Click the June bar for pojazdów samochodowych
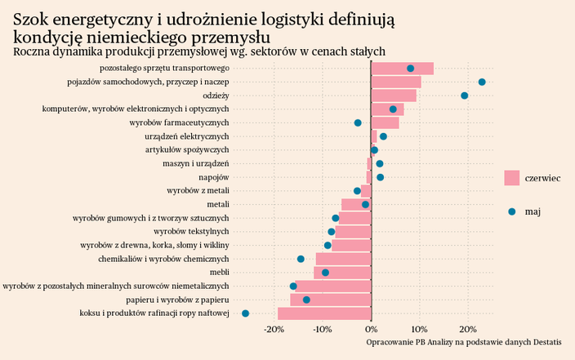pyautogui.click(x=396, y=82)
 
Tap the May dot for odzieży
pyautogui.click(x=465, y=96)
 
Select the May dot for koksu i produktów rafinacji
pyautogui.click(x=245, y=313)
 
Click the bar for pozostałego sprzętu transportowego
pyautogui.click(x=402, y=69)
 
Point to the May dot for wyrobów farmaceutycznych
pyautogui.click(x=358, y=122)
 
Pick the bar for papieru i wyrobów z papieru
pyautogui.click(x=331, y=300)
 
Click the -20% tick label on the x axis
pyautogui.click(x=274, y=330)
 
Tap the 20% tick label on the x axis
pyautogui.click(x=469, y=330)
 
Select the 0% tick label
pyautogui.click(x=372, y=330)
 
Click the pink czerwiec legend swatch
pyautogui.click(x=512, y=177)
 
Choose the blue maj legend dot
pyautogui.click(x=512, y=211)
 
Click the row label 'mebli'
pyautogui.click(x=219, y=273)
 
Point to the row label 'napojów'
pyautogui.click(x=214, y=177)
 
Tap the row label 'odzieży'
pyautogui.click(x=216, y=96)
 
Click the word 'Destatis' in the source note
pyautogui.click(x=555, y=341)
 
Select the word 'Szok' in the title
pyautogui.click(x=34, y=20)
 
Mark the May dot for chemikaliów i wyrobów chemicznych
pyautogui.click(x=301, y=259)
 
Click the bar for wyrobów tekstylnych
pyautogui.click(x=353, y=232)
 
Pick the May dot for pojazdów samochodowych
pyautogui.click(x=482, y=82)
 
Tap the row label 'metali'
pyautogui.click(x=218, y=204)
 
